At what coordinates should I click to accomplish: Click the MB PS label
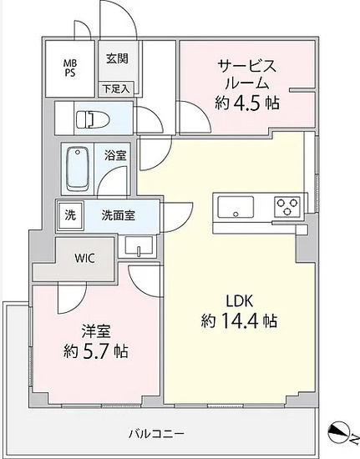coord(69,66)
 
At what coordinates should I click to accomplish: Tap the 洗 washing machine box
coord(69,214)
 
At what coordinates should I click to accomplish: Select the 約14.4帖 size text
coord(239,320)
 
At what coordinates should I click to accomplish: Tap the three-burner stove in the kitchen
coord(286,206)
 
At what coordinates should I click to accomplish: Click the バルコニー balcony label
coord(156,433)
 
